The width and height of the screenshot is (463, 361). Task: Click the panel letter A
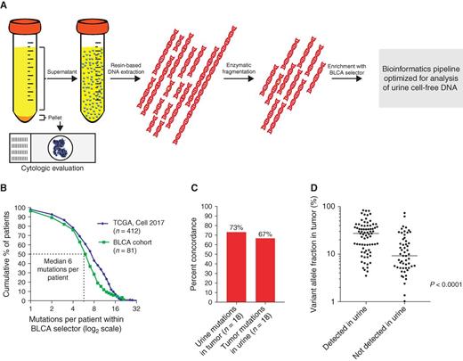click(6, 6)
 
